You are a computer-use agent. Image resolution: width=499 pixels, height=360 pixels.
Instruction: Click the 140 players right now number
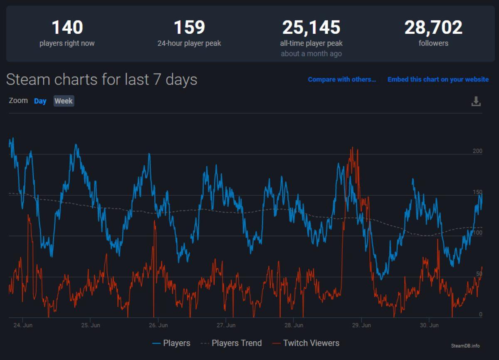point(67,28)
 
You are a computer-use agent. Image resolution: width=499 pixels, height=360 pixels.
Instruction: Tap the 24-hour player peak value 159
point(189,28)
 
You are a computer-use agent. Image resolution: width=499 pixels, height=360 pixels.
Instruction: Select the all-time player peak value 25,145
point(311,28)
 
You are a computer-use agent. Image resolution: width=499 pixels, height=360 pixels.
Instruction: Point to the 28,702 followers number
point(433,28)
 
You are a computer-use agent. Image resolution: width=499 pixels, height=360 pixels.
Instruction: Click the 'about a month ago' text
point(311,54)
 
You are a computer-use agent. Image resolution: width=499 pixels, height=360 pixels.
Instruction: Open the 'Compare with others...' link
point(342,79)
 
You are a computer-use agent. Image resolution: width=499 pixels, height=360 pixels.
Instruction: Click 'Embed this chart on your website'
point(438,79)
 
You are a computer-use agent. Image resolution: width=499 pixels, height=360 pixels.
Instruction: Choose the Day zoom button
point(40,101)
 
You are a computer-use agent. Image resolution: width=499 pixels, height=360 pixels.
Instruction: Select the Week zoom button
point(64,101)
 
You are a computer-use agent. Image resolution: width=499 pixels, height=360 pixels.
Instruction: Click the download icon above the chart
point(476,101)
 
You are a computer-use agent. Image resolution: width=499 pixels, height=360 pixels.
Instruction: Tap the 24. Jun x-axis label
point(22,325)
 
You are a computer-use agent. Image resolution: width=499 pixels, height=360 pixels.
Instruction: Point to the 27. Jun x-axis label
point(226,325)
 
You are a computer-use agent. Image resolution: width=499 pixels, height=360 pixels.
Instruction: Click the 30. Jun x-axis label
point(429,325)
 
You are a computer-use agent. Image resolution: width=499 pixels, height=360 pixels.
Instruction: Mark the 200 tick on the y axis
point(477,151)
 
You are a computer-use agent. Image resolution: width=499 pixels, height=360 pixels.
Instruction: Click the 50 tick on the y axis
point(479,274)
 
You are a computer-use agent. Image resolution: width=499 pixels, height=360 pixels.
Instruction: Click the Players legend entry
point(171,343)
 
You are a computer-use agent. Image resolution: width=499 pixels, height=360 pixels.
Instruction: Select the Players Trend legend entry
point(231,343)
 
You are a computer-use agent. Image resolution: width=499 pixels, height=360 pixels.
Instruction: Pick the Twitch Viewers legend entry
point(306,343)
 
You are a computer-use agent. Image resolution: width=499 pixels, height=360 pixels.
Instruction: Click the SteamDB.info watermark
point(465,346)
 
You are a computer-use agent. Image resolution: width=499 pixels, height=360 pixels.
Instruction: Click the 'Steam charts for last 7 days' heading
point(101,79)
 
